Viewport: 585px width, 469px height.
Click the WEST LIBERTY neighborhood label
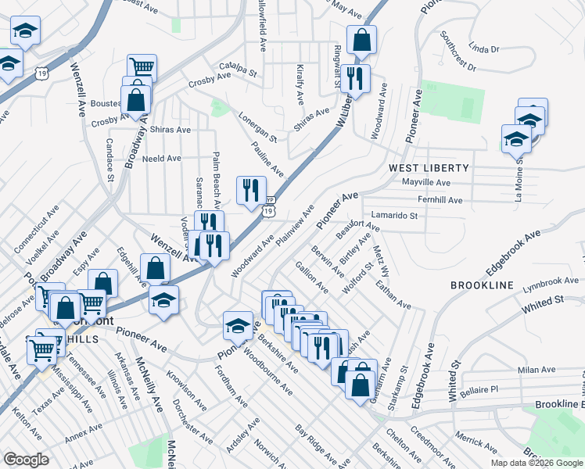click(x=429, y=168)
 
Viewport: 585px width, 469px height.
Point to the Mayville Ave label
click(x=425, y=182)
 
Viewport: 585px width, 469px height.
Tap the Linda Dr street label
click(x=485, y=49)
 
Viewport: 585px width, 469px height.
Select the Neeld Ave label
click(x=162, y=158)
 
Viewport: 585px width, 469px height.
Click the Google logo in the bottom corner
click(x=26, y=460)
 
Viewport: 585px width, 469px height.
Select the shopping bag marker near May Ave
click(x=362, y=40)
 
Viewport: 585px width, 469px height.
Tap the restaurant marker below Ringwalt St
click(x=356, y=78)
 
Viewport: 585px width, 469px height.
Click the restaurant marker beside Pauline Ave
click(x=251, y=190)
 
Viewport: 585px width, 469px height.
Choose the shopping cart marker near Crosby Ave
click(x=142, y=68)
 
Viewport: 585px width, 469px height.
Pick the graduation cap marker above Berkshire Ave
click(x=237, y=325)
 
